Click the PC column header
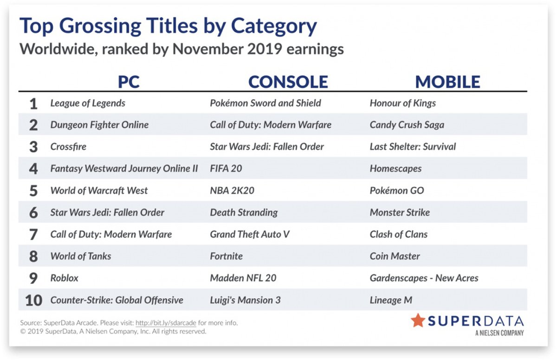(x=129, y=82)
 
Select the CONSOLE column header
(x=288, y=82)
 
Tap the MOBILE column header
(x=447, y=82)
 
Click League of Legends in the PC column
(x=88, y=103)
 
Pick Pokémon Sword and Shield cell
(x=266, y=103)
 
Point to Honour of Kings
(x=402, y=103)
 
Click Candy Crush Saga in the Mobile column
(x=407, y=125)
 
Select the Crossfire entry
(x=68, y=147)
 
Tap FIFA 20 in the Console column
(x=226, y=169)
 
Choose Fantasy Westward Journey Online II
(x=124, y=169)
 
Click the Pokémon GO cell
(x=396, y=190)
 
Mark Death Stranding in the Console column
(x=244, y=212)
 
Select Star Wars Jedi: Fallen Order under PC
(x=107, y=212)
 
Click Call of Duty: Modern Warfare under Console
(x=271, y=125)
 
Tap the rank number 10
(x=33, y=301)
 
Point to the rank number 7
(x=33, y=235)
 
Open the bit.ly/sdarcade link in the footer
(x=166, y=323)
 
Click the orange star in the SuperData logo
(x=418, y=321)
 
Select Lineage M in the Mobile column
(x=391, y=300)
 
